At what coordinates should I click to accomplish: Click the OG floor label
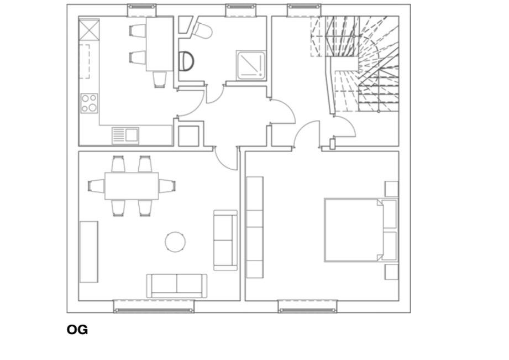pos(77,330)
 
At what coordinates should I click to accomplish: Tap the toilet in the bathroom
pos(202,30)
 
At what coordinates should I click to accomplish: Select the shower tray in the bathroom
pos(250,65)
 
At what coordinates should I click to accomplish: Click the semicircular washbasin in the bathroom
pos(186,61)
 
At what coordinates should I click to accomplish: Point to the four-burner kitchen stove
pos(89,103)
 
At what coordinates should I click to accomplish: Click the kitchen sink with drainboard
pos(125,135)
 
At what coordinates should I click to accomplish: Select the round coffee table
pos(175,242)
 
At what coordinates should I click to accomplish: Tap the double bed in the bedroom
pos(361,230)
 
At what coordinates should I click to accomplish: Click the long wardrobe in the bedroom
pos(255,227)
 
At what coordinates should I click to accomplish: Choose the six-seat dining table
pos(132,186)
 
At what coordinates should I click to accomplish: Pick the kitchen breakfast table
pos(159,44)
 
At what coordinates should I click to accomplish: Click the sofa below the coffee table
pos(177,285)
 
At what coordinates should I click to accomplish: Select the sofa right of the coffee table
pos(225,240)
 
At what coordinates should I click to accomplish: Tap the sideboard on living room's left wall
pos(88,252)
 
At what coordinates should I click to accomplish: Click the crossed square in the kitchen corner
pos(89,29)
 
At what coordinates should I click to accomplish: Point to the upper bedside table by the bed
pos(391,189)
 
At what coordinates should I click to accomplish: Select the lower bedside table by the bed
pos(391,272)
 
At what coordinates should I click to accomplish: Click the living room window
pos(154,307)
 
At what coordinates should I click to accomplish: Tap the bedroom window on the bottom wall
pos(307,307)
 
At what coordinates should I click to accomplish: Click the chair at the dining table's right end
pos(167,186)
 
